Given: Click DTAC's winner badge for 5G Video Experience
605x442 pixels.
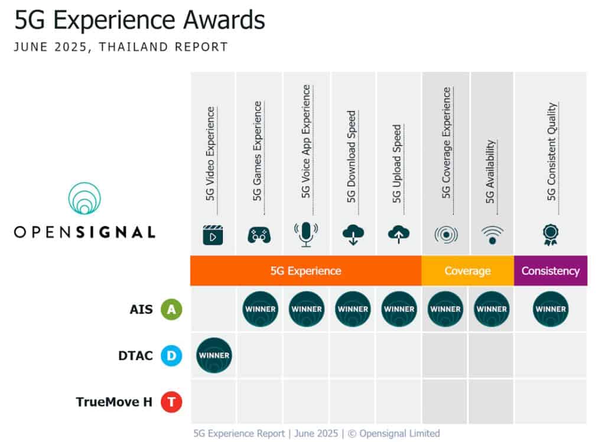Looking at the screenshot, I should click(213, 355).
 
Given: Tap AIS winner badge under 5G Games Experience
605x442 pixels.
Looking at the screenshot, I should click(260, 308).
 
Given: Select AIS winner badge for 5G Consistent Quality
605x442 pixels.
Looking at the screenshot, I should click(551, 308).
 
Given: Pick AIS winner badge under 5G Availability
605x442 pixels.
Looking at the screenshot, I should click(492, 308).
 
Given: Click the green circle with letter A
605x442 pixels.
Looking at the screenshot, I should click(171, 308).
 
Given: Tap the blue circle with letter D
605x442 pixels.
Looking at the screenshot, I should click(171, 356).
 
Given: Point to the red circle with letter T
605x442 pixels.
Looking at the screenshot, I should click(171, 402).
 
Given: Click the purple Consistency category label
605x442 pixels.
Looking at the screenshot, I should click(550, 271).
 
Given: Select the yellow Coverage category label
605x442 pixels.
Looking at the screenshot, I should click(467, 271).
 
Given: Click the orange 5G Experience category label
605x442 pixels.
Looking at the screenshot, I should click(305, 271).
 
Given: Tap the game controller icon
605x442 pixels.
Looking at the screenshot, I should click(259, 235).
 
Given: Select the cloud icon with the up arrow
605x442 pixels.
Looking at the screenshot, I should click(399, 235).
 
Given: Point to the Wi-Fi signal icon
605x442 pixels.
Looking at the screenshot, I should click(492, 235).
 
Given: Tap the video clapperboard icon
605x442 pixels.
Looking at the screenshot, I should click(213, 235).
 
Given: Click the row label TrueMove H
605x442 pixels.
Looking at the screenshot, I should click(114, 402).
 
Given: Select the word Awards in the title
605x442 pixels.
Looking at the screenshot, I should click(220, 21).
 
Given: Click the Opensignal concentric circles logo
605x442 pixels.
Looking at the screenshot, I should click(84, 199).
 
